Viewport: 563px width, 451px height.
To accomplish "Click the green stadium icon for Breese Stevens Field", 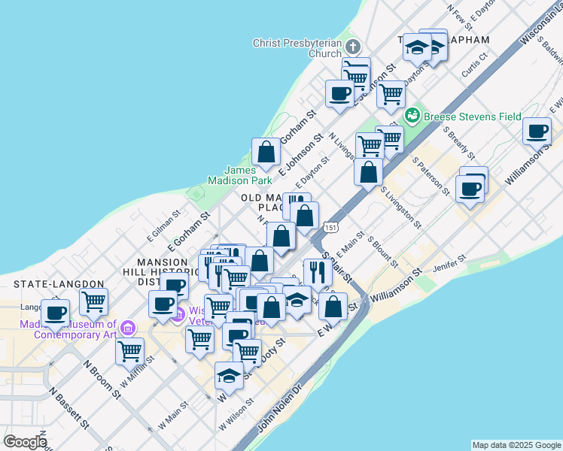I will point(412,116).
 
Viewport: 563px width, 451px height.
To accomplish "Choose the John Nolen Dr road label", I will point(279,410).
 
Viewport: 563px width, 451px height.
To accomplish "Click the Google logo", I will point(24,442).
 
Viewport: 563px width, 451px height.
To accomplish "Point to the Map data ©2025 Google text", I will point(516,445).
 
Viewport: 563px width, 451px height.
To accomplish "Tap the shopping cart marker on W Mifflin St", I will point(130,350).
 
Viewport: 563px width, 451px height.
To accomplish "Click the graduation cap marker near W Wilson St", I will point(229,376).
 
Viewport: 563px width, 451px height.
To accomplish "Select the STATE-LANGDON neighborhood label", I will point(59,283).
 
